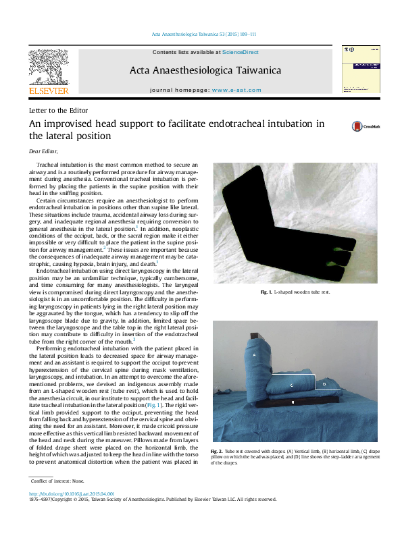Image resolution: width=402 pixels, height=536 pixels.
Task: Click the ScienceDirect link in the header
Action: tap(240, 52)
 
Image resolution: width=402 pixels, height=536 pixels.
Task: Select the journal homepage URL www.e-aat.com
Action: tap(236, 89)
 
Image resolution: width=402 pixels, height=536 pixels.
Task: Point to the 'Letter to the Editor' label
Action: tap(59, 110)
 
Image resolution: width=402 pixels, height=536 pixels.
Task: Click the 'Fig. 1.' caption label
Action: tap(266, 292)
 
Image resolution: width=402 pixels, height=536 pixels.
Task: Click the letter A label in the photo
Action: tap(254, 354)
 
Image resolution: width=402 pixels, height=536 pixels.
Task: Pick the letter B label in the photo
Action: tap(292, 402)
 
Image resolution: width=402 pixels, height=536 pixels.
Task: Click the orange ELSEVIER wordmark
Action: tap(48, 90)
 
